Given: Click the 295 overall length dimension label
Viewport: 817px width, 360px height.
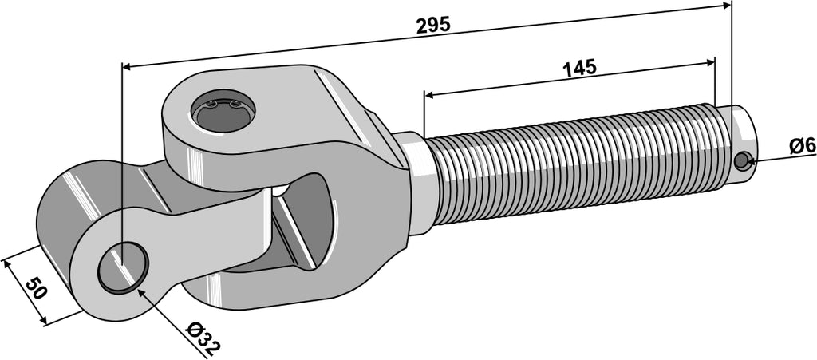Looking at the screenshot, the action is click(x=433, y=25).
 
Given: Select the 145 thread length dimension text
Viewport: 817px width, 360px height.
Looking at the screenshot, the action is click(x=579, y=68).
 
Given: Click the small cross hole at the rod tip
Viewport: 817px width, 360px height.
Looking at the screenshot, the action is click(x=741, y=161).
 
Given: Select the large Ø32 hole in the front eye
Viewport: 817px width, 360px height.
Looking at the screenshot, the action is click(x=124, y=267).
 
